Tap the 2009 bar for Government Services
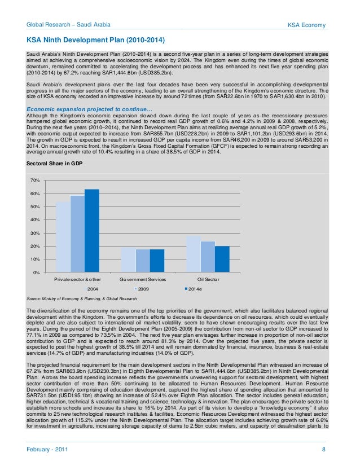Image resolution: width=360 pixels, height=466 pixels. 143,261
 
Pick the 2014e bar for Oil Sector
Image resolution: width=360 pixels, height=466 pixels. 222,259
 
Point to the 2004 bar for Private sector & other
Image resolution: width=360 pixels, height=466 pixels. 63,236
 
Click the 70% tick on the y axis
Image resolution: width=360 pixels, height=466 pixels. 34,180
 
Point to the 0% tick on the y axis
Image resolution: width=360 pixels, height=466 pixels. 36,272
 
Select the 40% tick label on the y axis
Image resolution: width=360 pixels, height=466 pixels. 34,219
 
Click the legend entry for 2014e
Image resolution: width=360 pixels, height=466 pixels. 195,289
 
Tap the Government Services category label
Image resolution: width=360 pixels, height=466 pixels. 142,280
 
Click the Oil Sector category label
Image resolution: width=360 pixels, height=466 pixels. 208,280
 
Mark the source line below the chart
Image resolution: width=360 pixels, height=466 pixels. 82,298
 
